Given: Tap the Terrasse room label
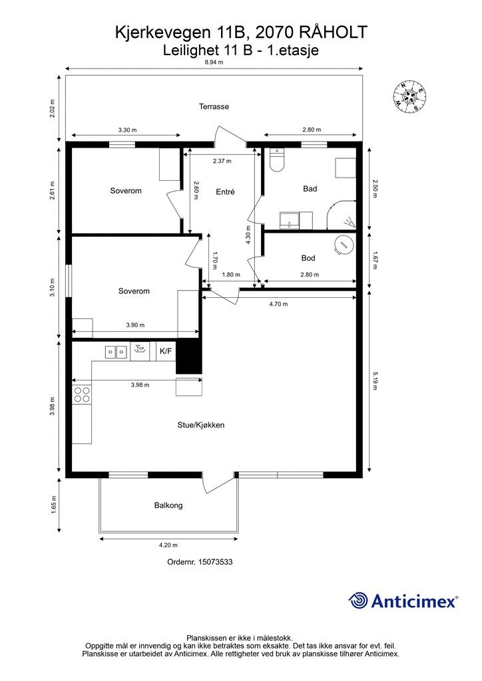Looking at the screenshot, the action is click(214, 106).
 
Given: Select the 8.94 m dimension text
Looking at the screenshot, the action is click(214, 62).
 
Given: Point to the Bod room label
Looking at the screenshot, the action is click(308, 258).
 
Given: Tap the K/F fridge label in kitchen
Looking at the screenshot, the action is click(166, 351).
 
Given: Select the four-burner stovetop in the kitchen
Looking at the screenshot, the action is click(82, 394).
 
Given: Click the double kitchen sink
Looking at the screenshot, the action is click(116, 351).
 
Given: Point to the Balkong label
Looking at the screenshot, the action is click(168, 505).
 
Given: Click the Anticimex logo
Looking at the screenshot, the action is click(403, 601).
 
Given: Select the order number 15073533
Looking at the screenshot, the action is click(215, 561).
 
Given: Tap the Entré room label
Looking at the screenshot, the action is click(225, 192).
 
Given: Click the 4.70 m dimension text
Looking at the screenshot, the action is click(278, 304).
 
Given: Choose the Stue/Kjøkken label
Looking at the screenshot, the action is click(201, 425).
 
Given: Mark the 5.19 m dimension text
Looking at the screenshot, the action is click(375, 380).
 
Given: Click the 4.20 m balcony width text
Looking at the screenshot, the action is click(168, 545).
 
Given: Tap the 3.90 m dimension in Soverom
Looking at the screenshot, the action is click(135, 325).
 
